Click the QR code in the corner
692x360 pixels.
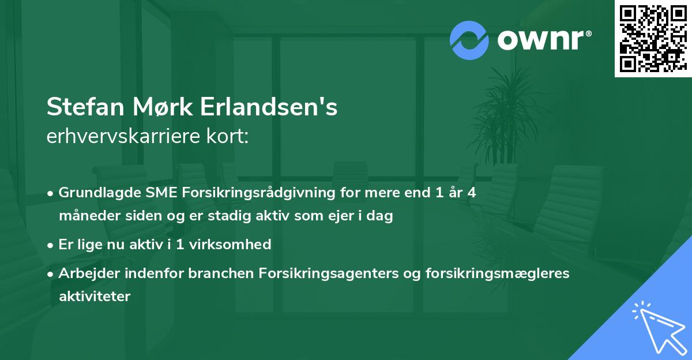pos(653,38)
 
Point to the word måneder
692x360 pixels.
pos(85,216)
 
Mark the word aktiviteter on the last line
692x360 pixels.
pos(95,297)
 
